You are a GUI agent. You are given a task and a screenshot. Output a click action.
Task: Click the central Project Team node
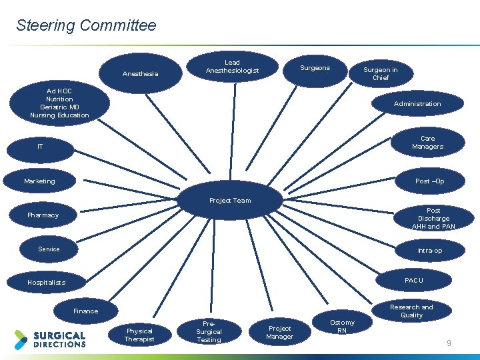(x=230, y=201)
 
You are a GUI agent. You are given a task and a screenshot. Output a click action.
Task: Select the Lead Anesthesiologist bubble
(x=232, y=66)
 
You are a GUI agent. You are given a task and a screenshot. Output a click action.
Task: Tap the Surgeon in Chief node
(x=380, y=74)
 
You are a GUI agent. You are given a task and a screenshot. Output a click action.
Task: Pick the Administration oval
(x=417, y=104)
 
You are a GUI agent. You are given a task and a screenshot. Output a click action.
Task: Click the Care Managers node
(x=427, y=143)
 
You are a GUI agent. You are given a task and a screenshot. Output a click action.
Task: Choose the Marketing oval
(x=40, y=181)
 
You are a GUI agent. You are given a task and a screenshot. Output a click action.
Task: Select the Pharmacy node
(x=43, y=215)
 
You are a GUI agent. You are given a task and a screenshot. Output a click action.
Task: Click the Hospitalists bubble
(x=47, y=283)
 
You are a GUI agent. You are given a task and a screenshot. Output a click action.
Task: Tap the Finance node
(x=85, y=311)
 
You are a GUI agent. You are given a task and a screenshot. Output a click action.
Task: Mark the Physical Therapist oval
(x=139, y=335)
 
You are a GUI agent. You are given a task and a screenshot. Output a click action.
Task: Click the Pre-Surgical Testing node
(x=209, y=331)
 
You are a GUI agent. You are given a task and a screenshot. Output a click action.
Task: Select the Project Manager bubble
(x=279, y=332)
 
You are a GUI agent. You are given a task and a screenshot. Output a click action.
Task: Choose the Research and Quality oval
(x=411, y=311)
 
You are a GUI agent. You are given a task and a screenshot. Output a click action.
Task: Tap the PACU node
(x=413, y=281)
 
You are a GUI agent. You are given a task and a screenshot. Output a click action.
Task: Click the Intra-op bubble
(x=429, y=251)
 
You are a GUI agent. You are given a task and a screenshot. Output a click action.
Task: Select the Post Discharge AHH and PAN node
(x=433, y=218)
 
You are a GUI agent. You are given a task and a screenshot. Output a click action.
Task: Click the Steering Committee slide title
(x=86, y=25)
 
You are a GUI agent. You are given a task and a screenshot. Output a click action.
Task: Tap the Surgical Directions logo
(x=51, y=339)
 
